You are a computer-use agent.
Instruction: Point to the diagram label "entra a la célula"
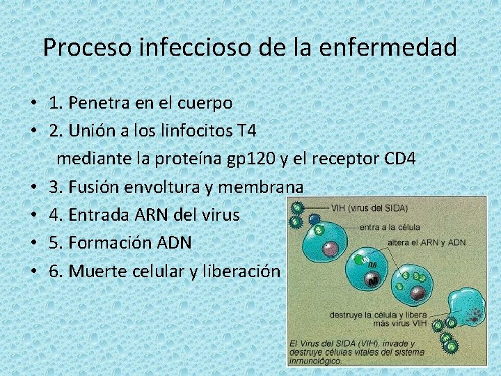(x=390, y=227)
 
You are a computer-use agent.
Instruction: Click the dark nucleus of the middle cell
(x=373, y=279)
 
